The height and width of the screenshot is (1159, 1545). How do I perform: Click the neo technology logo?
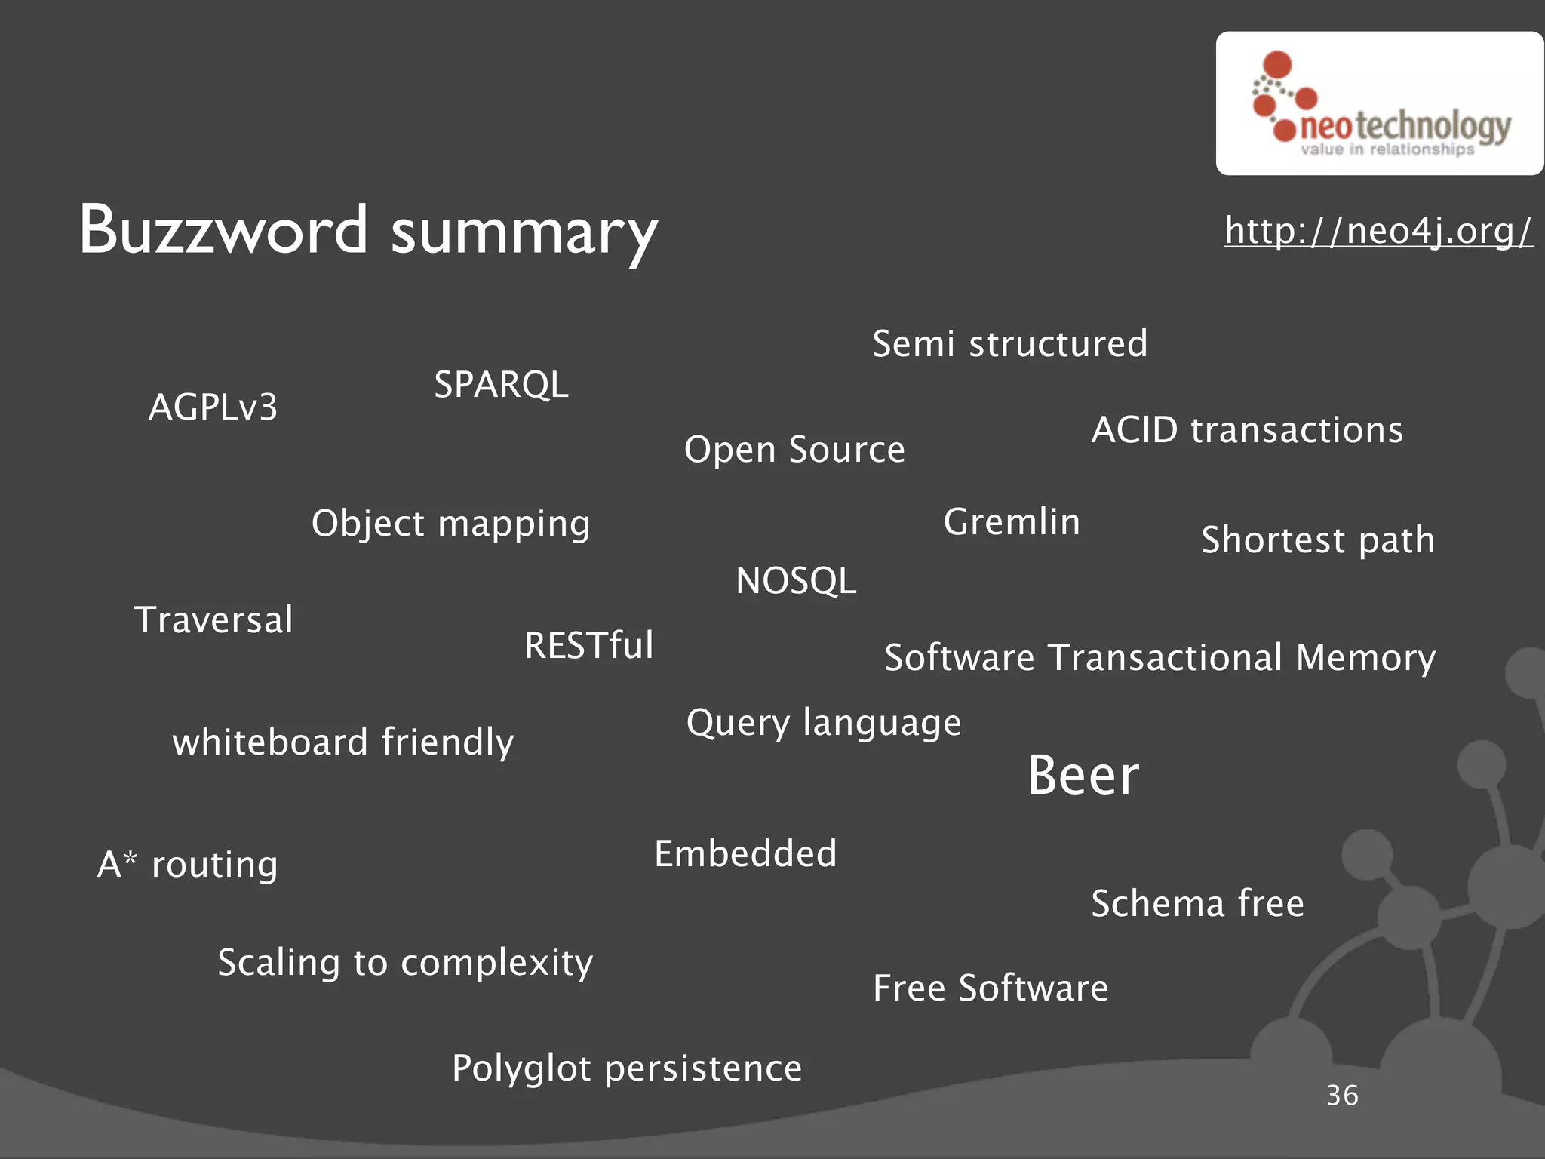(1379, 104)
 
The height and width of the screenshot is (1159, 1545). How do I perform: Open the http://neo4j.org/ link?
(1378, 230)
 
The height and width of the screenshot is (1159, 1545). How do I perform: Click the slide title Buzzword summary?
(368, 230)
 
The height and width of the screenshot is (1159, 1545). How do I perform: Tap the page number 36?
(1342, 1096)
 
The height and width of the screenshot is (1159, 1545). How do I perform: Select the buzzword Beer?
(1083, 776)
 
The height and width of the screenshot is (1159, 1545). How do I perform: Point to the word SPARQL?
(501, 385)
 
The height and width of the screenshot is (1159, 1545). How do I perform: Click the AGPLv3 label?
(213, 407)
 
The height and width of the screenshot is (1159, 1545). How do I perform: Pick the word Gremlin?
(1012, 522)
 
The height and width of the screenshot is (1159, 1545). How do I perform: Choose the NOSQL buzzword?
(796, 581)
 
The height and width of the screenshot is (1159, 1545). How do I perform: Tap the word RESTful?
(589, 645)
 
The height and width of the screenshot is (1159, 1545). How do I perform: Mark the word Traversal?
(213, 620)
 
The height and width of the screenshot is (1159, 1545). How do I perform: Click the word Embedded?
(745, 854)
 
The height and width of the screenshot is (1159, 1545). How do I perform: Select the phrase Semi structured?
(1010, 344)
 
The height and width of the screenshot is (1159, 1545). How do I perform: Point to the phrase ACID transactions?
(1247, 430)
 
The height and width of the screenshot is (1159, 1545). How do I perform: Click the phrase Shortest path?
(1318, 540)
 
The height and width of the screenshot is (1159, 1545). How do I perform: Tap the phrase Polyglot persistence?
(627, 1068)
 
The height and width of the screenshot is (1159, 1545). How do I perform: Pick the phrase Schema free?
(1198, 904)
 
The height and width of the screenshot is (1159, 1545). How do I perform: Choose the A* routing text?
(188, 865)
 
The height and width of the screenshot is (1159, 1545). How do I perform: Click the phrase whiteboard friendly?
(343, 742)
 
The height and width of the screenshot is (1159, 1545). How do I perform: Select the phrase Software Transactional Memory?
(1160, 658)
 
